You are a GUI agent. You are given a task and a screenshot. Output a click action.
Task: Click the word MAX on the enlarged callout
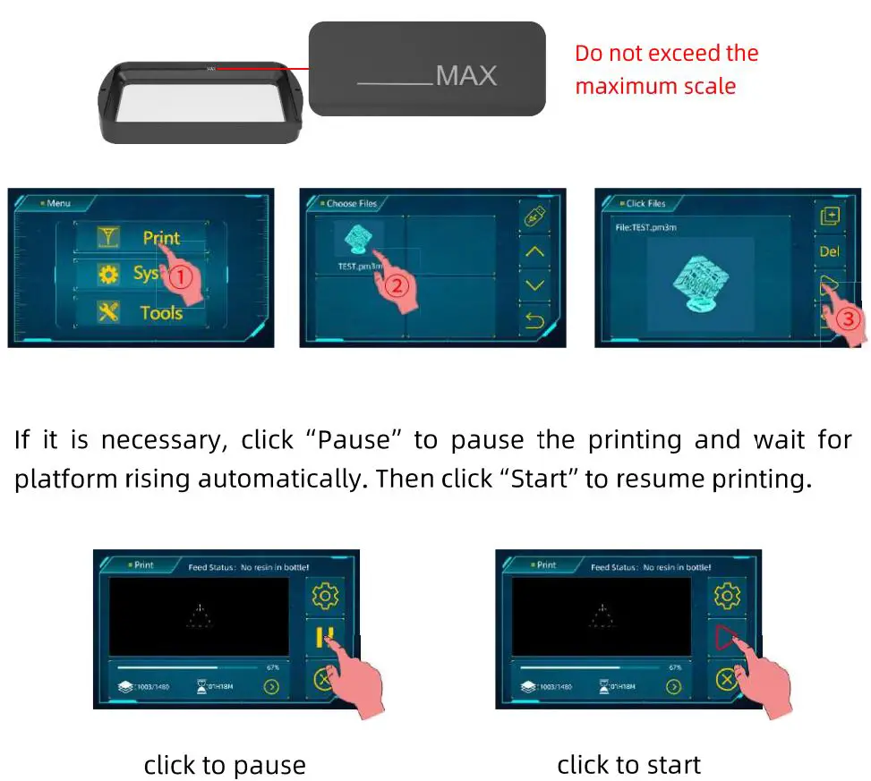pos(465,76)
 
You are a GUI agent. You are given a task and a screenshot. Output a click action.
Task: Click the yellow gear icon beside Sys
pos(108,275)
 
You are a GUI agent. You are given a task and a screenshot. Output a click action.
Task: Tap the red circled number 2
pos(397,286)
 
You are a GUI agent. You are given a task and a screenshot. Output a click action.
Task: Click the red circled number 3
pos(850,319)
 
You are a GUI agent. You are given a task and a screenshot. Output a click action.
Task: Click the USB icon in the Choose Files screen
pos(534,216)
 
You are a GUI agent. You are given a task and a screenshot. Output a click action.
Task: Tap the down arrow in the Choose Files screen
pos(534,285)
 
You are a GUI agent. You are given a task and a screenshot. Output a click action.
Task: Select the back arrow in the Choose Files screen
pos(534,319)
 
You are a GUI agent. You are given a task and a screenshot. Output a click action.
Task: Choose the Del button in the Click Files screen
pos(829,251)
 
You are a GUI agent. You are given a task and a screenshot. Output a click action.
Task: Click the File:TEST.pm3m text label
pos(645,228)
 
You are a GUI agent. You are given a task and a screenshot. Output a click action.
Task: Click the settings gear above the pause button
pos(324,596)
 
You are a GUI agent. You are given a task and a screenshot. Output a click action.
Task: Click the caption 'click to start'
pos(628,765)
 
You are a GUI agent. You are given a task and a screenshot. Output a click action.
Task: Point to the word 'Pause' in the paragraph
pos(354,440)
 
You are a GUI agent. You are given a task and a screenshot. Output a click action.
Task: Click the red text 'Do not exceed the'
pos(666,54)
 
